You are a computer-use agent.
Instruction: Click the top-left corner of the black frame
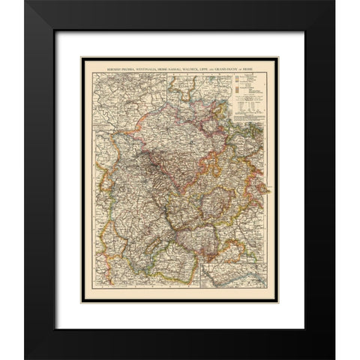tap(26, 2)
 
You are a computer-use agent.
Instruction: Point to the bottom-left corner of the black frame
tap(26, 358)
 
